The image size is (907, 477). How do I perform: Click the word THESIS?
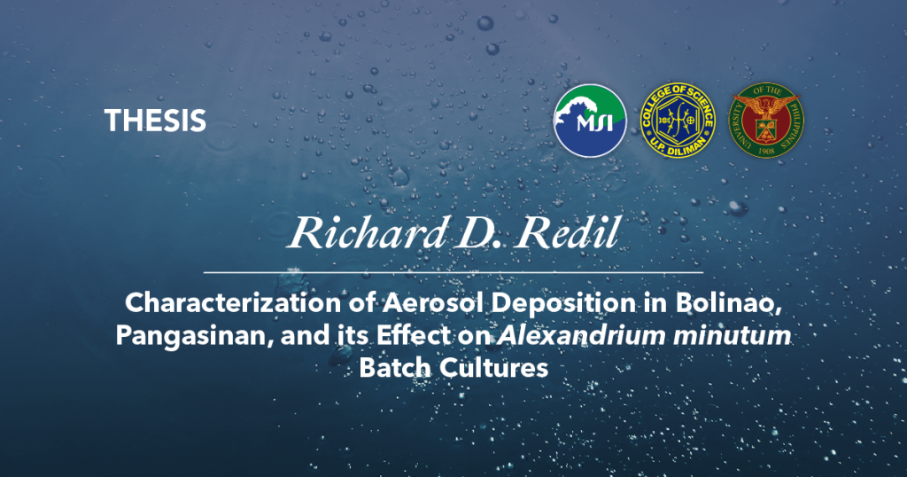(x=155, y=121)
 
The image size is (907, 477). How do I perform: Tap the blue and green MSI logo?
(x=590, y=121)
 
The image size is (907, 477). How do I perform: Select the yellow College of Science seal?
(x=678, y=120)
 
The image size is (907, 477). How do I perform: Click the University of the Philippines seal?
(x=766, y=120)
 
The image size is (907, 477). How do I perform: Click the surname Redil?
(x=568, y=232)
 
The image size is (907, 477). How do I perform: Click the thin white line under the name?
(x=453, y=271)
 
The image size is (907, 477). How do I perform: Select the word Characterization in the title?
(x=233, y=302)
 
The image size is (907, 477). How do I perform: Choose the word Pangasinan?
(x=195, y=336)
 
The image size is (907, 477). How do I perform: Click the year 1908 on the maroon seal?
(x=766, y=150)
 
